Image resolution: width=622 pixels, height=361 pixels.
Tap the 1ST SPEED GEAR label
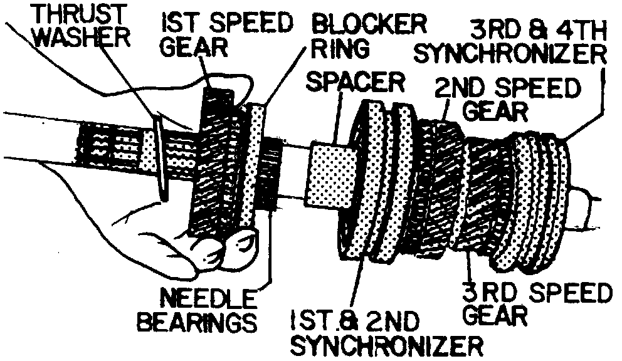[226, 34]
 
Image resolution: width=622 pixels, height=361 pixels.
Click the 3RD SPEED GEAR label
[534, 303]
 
